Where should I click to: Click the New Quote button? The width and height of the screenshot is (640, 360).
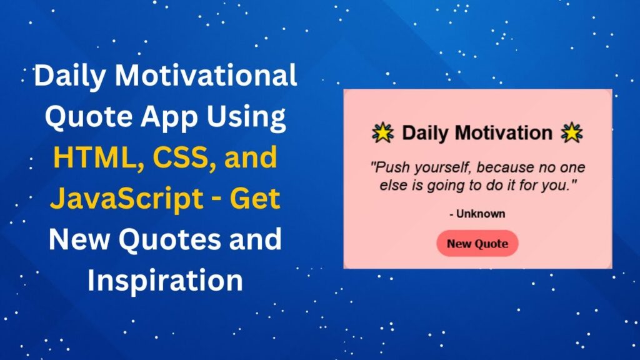pos(477,244)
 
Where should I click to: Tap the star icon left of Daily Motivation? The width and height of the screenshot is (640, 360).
pos(382,132)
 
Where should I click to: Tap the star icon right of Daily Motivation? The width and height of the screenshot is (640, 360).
pos(572,132)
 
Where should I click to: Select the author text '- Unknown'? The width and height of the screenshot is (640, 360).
pos(477,214)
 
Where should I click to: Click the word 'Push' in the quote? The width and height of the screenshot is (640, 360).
pos(387,168)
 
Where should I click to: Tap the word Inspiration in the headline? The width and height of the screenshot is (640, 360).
pos(165,281)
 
